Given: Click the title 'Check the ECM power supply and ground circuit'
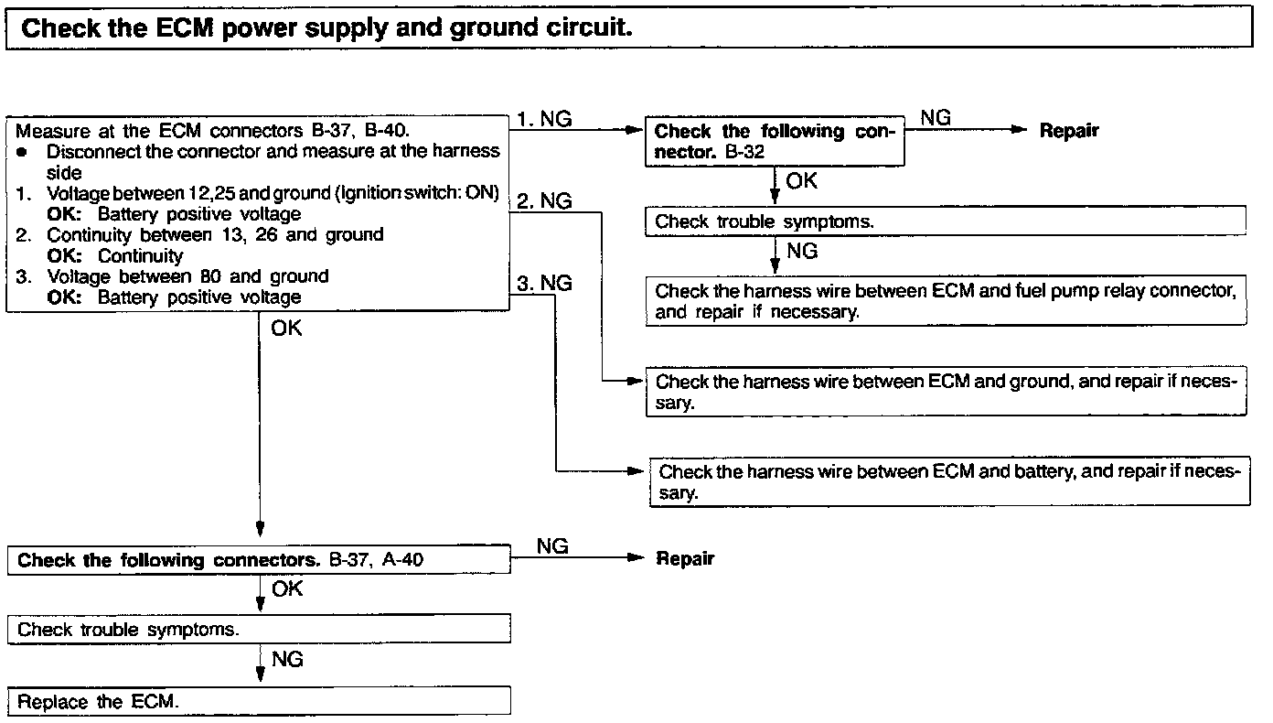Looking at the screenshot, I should point(326,27).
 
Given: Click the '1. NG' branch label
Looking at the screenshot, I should point(544,119).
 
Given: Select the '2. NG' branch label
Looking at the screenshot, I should point(544,201).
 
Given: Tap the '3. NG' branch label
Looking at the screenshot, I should point(544,284).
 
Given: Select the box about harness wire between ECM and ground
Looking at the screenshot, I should point(947,392).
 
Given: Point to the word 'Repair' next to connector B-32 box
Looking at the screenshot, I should point(1069,131).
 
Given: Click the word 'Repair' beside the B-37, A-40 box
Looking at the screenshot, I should point(685,559).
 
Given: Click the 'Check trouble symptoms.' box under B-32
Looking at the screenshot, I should point(947,221).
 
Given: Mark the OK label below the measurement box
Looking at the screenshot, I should point(286,328).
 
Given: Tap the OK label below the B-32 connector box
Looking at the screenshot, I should point(801,181).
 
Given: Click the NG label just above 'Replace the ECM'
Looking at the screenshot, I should point(287,660).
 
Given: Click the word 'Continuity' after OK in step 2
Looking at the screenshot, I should point(141,256).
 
